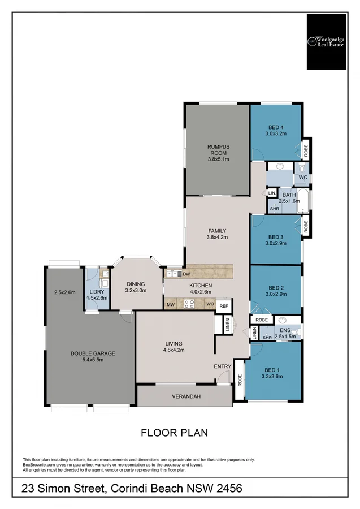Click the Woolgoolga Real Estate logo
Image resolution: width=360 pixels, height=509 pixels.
327,41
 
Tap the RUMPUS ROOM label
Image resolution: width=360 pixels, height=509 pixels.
218,150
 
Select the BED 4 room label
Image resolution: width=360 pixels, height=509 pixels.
276,127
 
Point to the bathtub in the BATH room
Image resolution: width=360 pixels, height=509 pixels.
303,201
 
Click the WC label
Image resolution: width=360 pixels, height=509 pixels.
303,178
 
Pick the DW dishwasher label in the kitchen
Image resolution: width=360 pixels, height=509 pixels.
186,274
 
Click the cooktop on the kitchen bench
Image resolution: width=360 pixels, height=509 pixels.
189,304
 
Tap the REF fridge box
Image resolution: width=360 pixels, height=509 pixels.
224,306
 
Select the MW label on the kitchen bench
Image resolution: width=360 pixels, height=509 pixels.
171,304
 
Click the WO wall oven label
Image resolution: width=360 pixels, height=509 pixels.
210,304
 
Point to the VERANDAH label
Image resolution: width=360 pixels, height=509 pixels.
186,396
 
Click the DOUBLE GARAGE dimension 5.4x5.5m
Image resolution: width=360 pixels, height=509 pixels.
93,360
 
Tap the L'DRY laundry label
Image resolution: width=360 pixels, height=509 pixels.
97,291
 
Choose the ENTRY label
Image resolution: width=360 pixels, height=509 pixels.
223,366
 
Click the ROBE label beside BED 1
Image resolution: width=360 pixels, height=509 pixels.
240,381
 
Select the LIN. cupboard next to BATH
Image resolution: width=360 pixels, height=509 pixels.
272,193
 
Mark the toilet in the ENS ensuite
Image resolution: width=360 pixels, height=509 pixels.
296,333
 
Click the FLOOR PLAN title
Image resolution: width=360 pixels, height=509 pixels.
174,433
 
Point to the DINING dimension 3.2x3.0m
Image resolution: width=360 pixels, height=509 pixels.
136,291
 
